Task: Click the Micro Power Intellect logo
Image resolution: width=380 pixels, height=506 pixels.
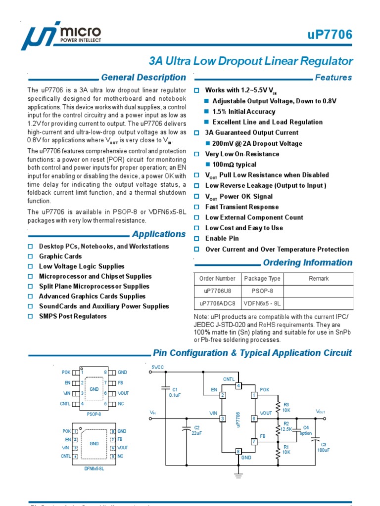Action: click(61, 36)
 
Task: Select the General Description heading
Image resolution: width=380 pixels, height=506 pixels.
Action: click(143, 78)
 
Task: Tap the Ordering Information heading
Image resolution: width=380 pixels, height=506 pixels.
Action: click(307, 262)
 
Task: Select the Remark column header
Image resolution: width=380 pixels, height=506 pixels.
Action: click(318, 279)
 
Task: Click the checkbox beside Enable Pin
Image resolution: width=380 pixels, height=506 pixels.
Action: click(196, 239)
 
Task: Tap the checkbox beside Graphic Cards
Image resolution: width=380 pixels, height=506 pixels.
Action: click(30, 256)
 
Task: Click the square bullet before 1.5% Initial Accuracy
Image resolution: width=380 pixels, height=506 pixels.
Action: click(207, 112)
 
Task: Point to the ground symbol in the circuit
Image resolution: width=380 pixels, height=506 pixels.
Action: click(238, 475)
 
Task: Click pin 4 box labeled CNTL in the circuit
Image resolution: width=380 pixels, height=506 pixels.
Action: click(238, 385)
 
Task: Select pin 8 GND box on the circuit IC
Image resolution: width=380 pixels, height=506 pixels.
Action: click(238, 451)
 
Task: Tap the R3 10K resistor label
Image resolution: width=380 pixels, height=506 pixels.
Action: click(286, 407)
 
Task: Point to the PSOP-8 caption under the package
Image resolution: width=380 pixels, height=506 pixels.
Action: click(94, 414)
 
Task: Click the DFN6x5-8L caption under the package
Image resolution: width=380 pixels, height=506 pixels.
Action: click(94, 468)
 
